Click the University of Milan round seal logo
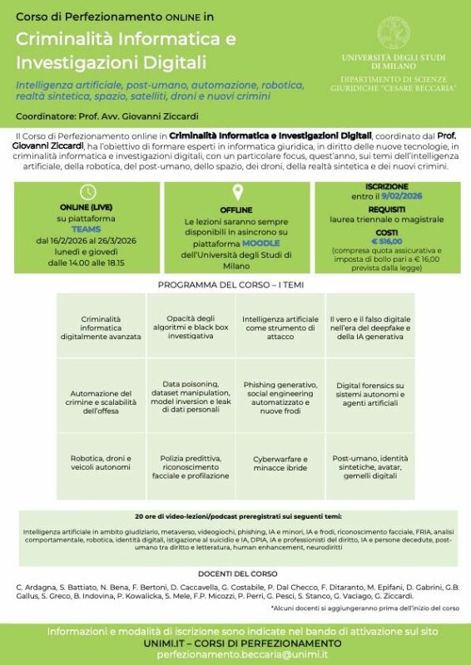(x=393, y=31)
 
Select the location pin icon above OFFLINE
(x=236, y=193)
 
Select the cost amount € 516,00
(x=388, y=240)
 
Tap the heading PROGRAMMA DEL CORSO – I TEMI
(x=235, y=285)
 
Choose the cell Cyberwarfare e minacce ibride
(x=280, y=464)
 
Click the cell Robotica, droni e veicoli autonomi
(x=101, y=464)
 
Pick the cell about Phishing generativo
(x=280, y=397)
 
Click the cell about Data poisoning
(x=191, y=397)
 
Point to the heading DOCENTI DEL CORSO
(x=235, y=574)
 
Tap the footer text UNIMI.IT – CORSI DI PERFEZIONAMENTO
(x=235, y=643)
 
